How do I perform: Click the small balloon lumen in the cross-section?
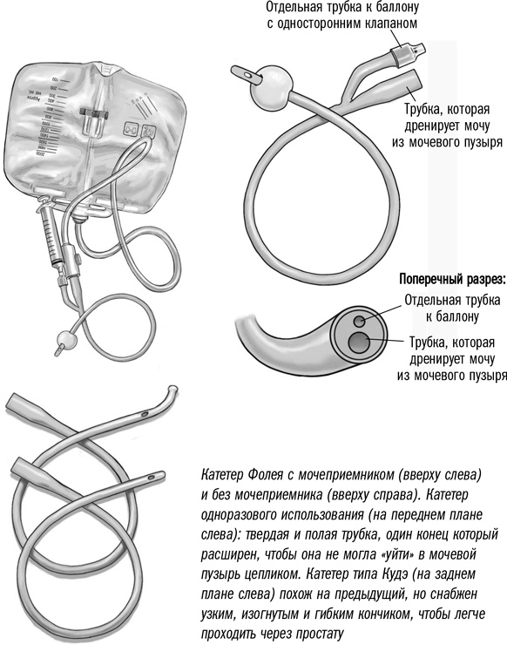click(359, 320)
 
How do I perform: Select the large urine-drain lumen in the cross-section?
click(358, 342)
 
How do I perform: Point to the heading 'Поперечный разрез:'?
click(451, 280)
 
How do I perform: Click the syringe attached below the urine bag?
click(51, 234)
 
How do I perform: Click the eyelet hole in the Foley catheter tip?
click(247, 76)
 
